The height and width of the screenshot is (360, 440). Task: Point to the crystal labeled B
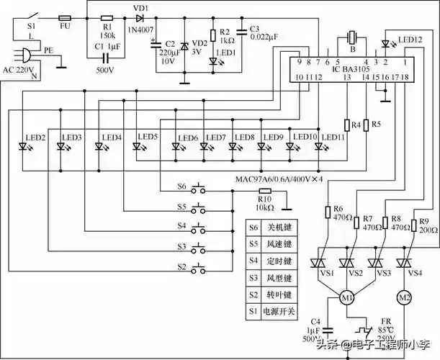(x=351, y=39)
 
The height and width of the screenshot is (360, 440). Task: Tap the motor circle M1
(x=346, y=297)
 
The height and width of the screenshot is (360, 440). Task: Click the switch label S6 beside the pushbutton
(x=181, y=187)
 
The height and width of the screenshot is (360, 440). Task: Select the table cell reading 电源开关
(x=278, y=312)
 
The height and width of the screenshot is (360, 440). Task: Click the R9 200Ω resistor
(x=413, y=225)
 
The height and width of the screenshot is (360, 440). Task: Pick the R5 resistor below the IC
(x=367, y=125)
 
